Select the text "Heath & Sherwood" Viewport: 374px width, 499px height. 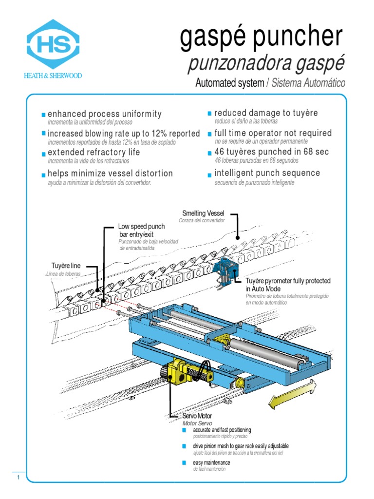coord(53,76)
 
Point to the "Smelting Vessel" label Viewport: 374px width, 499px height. coord(203,213)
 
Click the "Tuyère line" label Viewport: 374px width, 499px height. coord(66,266)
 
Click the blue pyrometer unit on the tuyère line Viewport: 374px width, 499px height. coord(226,269)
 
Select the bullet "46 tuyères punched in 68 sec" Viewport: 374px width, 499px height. coord(272,152)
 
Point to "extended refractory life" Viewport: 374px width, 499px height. coord(94,153)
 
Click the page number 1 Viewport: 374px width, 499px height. coord(18,478)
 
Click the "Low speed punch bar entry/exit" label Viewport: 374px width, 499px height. coord(141,230)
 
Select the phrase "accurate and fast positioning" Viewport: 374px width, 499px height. coord(222,430)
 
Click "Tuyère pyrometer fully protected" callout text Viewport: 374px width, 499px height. coord(288,281)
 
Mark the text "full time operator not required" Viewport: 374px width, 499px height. coord(273,133)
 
